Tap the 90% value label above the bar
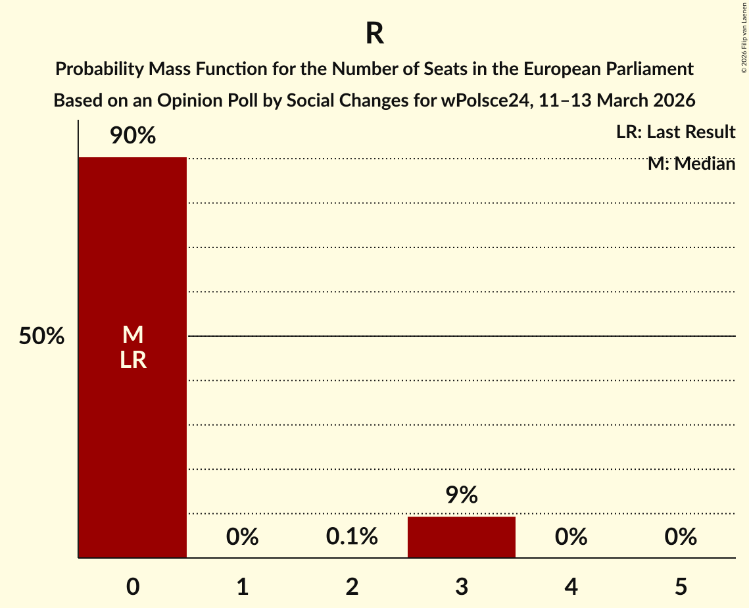[132, 136]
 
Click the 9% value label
[461, 495]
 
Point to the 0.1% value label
[352, 537]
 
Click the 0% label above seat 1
[242, 537]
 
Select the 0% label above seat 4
[571, 537]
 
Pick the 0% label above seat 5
[680, 537]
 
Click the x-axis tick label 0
[132, 586]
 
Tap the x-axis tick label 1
[242, 586]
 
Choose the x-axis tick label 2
[352, 586]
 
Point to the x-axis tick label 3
[461, 586]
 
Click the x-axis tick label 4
[571, 586]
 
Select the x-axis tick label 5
[680, 586]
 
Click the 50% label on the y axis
[41, 336]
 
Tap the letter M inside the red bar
[132, 335]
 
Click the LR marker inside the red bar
[132, 360]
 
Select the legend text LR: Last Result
[675, 132]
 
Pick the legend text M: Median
[691, 164]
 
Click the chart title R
[374, 34]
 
